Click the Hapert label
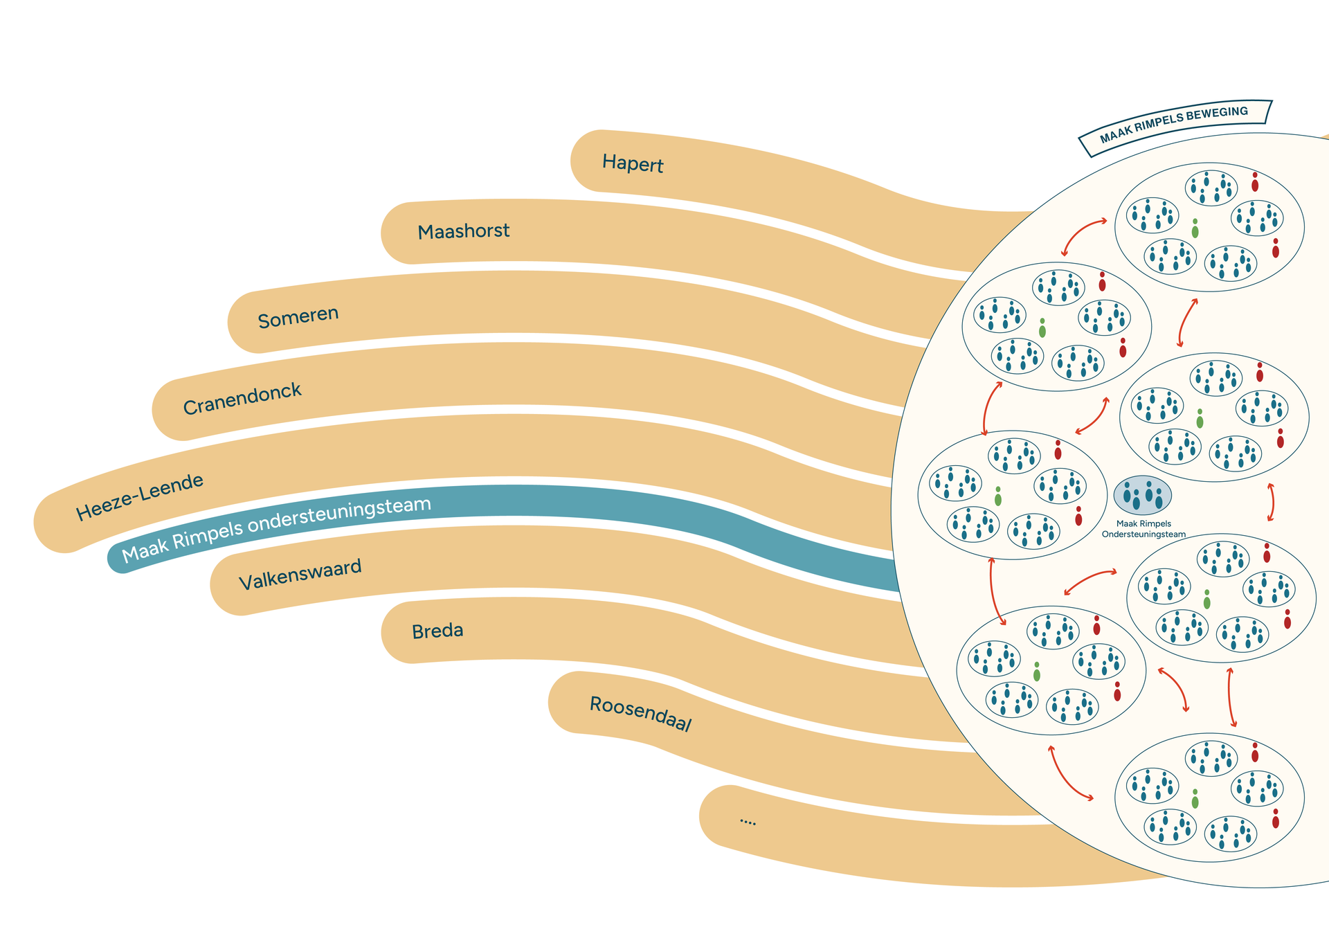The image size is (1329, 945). tap(633, 163)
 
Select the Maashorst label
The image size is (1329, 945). tap(463, 231)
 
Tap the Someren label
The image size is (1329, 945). tap(298, 317)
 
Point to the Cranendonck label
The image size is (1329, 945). tap(242, 399)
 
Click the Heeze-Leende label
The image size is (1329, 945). tap(140, 496)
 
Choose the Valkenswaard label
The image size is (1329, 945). tap(300, 575)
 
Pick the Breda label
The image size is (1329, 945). tap(437, 631)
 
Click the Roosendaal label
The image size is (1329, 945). tap(640, 714)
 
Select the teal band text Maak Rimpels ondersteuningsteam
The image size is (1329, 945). tap(276, 530)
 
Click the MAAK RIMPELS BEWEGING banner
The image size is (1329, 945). tap(1175, 124)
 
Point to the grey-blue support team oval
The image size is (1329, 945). tap(1143, 495)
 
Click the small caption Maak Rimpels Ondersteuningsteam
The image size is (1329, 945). tap(1143, 529)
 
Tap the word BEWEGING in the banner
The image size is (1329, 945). tap(1220, 114)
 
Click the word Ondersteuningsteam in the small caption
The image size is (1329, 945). tap(1143, 534)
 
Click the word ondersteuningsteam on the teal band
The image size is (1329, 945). tap(339, 516)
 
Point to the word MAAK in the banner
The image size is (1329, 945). tap(1115, 134)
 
